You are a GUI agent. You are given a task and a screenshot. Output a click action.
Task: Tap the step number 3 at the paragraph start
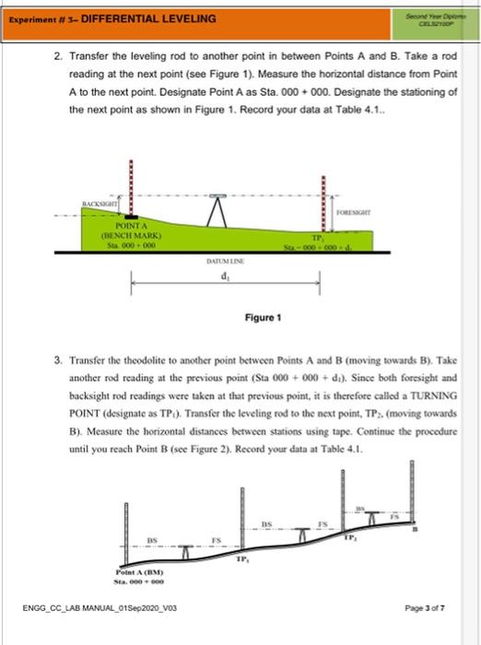[57, 362]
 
